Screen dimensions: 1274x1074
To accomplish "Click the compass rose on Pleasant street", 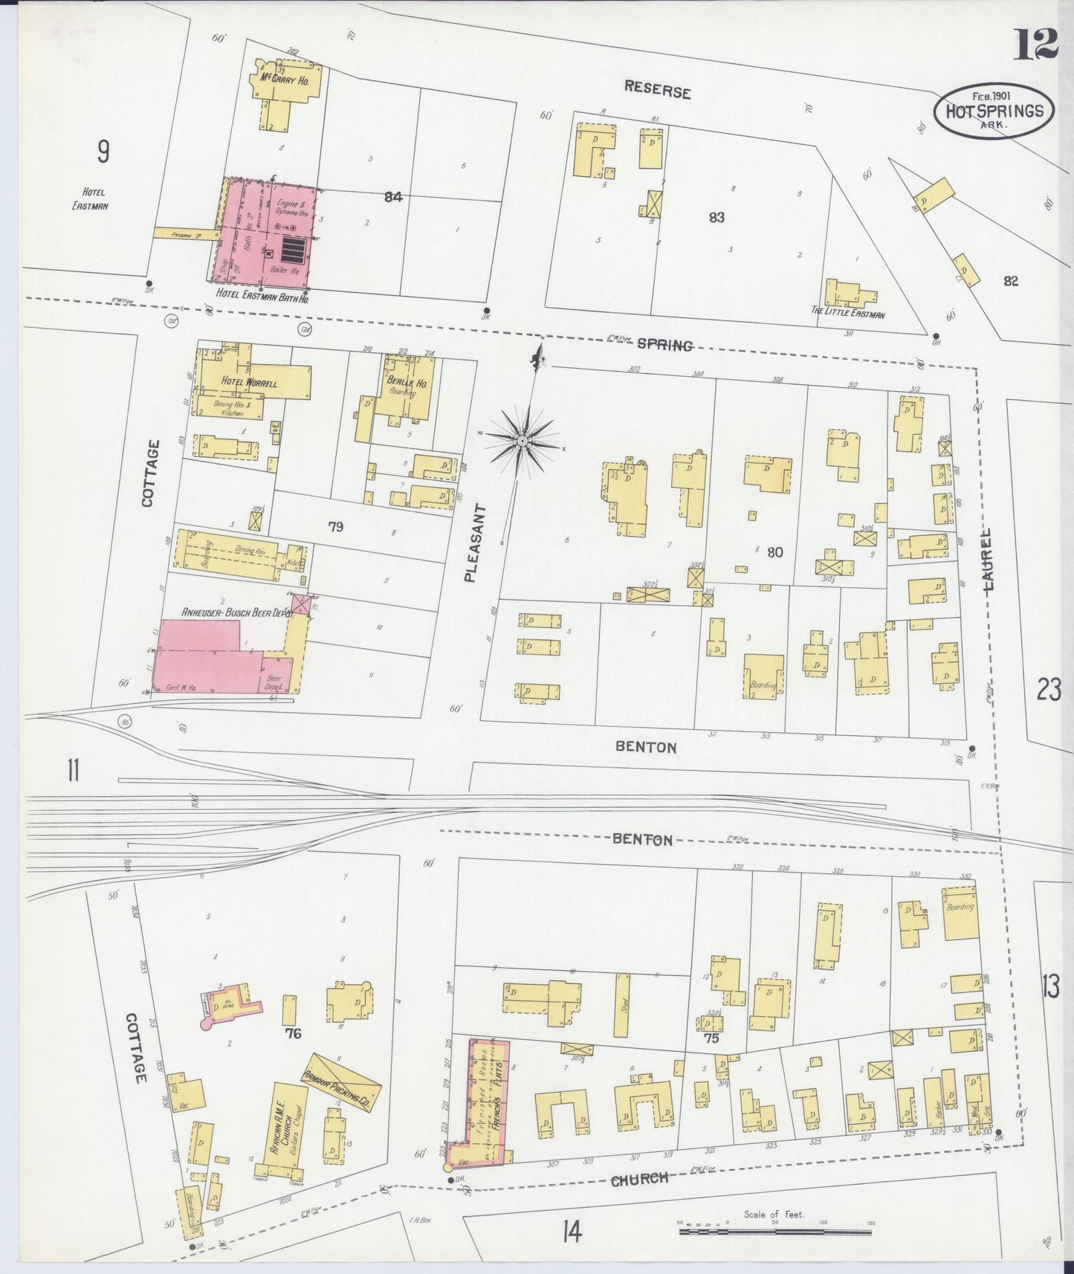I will (523, 441).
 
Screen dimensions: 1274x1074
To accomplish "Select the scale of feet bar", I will (774, 1232).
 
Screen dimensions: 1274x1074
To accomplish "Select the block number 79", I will (336, 527).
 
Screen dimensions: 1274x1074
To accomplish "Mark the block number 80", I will (775, 552).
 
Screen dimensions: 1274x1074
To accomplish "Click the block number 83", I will (716, 217).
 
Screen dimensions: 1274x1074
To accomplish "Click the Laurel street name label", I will (988, 559).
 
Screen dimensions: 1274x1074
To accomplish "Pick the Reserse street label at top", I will (657, 89).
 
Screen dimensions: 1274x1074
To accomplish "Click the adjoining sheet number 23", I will (1048, 691).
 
